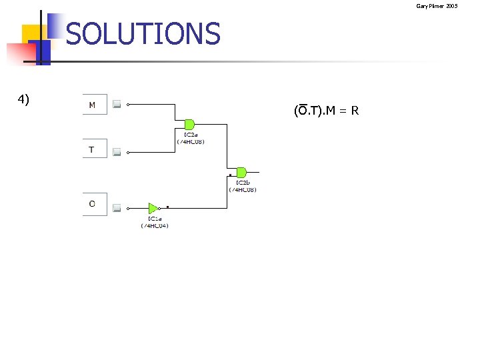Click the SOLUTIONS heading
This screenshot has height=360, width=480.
click(143, 34)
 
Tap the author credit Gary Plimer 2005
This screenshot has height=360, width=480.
click(437, 6)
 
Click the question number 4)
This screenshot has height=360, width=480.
click(23, 99)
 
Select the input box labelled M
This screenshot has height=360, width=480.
click(94, 105)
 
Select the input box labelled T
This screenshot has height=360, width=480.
click(94, 149)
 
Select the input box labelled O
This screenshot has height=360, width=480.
click(94, 203)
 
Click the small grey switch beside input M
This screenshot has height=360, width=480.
click(117, 104)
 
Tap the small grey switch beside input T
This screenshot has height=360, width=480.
click(117, 153)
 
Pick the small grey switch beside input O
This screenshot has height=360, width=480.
click(117, 208)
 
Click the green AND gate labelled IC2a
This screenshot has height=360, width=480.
click(189, 124)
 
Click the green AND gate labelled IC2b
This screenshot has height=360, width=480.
click(241, 173)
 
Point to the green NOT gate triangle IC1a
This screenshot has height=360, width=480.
click(153, 208)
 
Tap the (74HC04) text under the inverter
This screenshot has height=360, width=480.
click(155, 225)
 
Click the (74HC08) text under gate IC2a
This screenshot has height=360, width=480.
click(191, 141)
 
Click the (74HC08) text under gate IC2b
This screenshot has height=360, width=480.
click(243, 190)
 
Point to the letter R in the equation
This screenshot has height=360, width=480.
click(355, 111)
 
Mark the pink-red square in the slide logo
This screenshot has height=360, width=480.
click(16, 53)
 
